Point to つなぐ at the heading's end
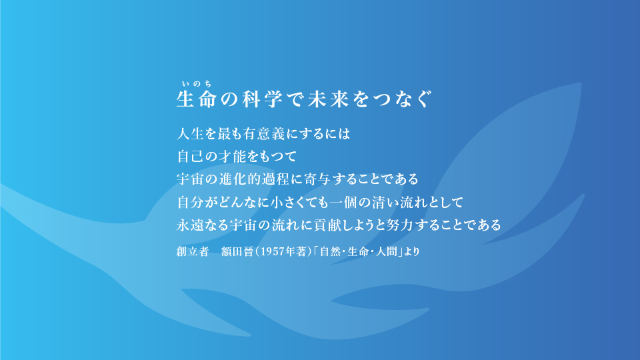click(412, 100)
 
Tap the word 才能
click(237, 157)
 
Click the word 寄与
click(332, 179)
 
